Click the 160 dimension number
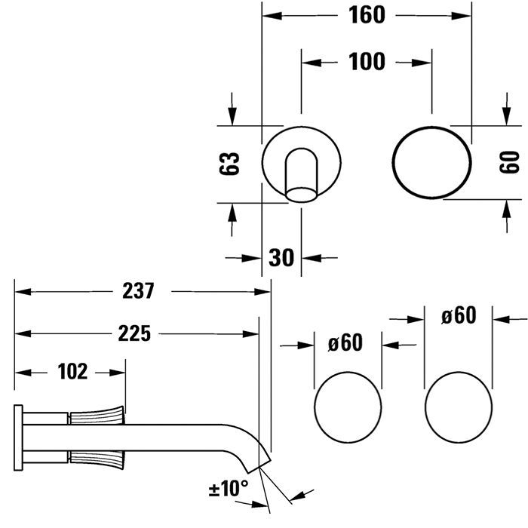tap(367, 15)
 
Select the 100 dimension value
tap(367, 62)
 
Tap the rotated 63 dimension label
tap(229, 164)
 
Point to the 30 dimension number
tap(281, 258)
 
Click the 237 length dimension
tap(138, 291)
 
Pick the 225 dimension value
tap(134, 333)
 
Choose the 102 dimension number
tap(72, 372)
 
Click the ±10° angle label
tap(229, 488)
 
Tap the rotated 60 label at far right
tap(509, 162)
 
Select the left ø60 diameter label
tap(345, 342)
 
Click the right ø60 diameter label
tap(459, 315)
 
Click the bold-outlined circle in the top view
tap(393, 163)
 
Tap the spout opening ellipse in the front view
tap(302, 195)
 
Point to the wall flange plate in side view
tap(18, 437)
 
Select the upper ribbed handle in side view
tap(97, 416)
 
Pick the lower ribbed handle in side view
tap(97, 459)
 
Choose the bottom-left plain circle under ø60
tap(315, 407)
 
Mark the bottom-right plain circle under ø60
tap(425, 407)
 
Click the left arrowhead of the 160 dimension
tap(272, 16)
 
